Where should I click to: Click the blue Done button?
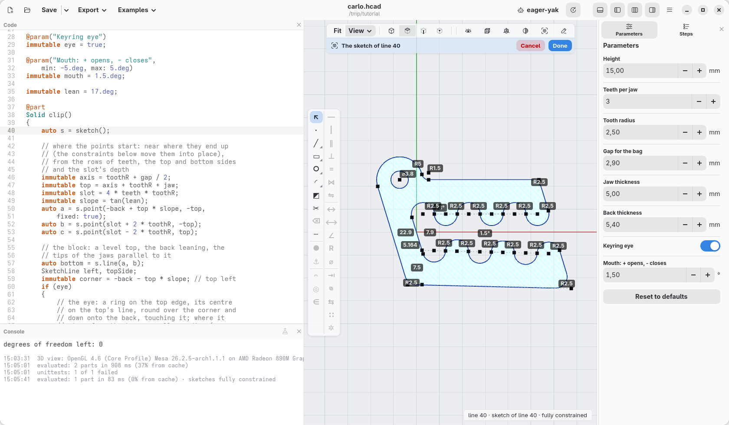pyautogui.click(x=560, y=46)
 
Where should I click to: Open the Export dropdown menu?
pyautogui.click(x=92, y=10)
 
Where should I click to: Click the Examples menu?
pyautogui.click(x=137, y=10)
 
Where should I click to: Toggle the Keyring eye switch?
pyautogui.click(x=710, y=246)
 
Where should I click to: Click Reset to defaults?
pyautogui.click(x=661, y=297)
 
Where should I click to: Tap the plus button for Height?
pyautogui.click(x=699, y=71)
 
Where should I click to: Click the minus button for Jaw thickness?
pyautogui.click(x=685, y=194)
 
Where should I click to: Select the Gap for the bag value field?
pyautogui.click(x=640, y=163)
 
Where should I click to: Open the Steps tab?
pyautogui.click(x=686, y=30)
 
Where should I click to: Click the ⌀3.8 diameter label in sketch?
pyautogui.click(x=407, y=174)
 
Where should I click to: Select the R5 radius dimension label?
pyautogui.click(x=417, y=164)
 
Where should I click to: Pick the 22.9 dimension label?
pyautogui.click(x=405, y=232)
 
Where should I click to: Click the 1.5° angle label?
pyautogui.click(x=485, y=233)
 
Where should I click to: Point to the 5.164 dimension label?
pyautogui.click(x=410, y=245)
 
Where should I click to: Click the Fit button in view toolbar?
pyautogui.click(x=337, y=31)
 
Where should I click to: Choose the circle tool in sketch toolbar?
pyautogui.click(x=316, y=169)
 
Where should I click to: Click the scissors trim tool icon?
pyautogui.click(x=316, y=208)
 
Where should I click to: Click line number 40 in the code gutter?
pyautogui.click(x=11, y=131)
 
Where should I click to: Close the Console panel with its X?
pyautogui.click(x=299, y=332)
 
